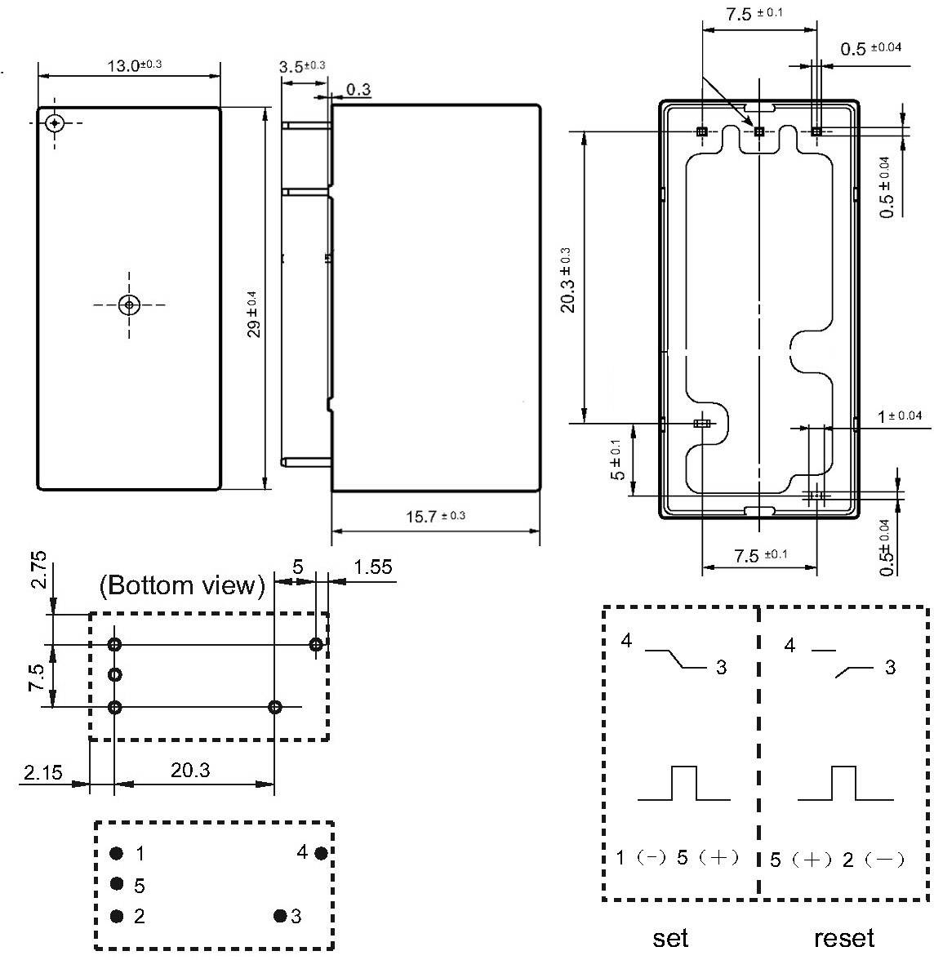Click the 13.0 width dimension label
pyautogui.click(x=134, y=65)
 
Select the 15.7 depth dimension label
pyautogui.click(x=435, y=516)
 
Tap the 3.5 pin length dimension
pyautogui.click(x=301, y=66)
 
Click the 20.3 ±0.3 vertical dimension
pyautogui.click(x=568, y=279)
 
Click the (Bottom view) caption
pyautogui.click(x=182, y=585)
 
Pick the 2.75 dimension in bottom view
pyautogui.click(x=39, y=570)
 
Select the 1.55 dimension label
pyautogui.click(x=373, y=567)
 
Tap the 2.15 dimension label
pyautogui.click(x=42, y=771)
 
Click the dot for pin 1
pyautogui.click(x=117, y=854)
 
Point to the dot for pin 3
pyautogui.click(x=280, y=916)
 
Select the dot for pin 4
pyautogui.click(x=321, y=853)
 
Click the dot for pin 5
pyautogui.click(x=117, y=884)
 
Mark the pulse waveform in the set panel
pyautogui.click(x=684, y=784)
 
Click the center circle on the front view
pyautogui.click(x=129, y=304)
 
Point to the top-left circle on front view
pyautogui.click(x=55, y=122)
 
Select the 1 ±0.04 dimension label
pyautogui.click(x=900, y=416)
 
